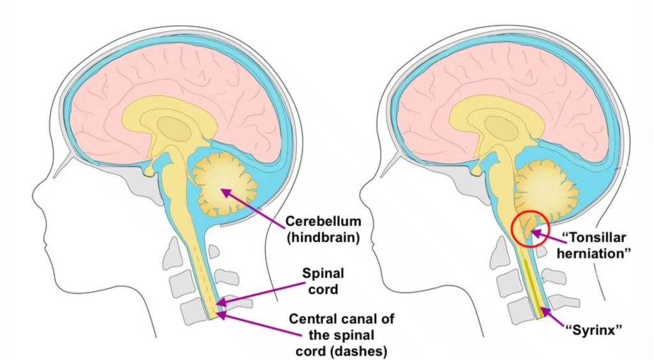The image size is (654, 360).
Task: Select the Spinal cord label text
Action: point(324,281)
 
